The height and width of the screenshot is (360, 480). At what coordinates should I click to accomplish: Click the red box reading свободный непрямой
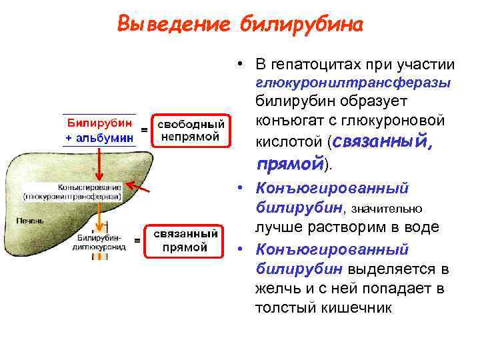191,131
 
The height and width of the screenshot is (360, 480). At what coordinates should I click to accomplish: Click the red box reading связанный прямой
186,241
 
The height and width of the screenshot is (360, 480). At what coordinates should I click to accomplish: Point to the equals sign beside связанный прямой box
137,240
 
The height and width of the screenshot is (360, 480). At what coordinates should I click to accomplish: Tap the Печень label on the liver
29,220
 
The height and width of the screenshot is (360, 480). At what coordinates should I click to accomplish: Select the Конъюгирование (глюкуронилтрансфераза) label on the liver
73,192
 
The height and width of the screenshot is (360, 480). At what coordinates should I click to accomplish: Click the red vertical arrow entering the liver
98,163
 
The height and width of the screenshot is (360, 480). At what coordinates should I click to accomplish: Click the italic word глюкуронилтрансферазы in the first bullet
353,83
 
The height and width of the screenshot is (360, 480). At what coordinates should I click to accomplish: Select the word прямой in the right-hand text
289,163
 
